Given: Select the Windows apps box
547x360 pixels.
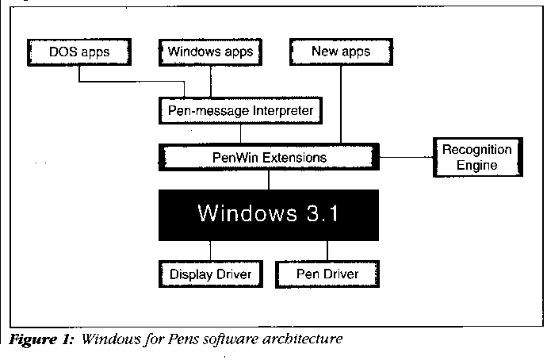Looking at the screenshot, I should pos(210,52).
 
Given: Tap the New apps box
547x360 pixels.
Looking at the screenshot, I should pos(342,52).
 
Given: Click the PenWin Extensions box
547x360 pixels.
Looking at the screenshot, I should pos(270,158).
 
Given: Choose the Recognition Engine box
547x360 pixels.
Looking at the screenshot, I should pos(476,158).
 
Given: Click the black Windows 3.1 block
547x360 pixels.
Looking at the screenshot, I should pos(270,213).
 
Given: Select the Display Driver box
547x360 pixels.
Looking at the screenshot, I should pos(210,274).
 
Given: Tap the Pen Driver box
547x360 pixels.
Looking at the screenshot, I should pos(327,274).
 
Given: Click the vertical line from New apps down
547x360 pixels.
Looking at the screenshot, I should pos(342,103).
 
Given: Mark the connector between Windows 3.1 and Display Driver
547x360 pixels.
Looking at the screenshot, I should pos(210,251).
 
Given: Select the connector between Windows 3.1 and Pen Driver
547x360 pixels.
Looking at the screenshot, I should pos(327,251).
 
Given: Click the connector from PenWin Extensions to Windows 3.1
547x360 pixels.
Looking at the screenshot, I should pos(270,180).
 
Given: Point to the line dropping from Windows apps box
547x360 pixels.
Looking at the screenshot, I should pos(210,80).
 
